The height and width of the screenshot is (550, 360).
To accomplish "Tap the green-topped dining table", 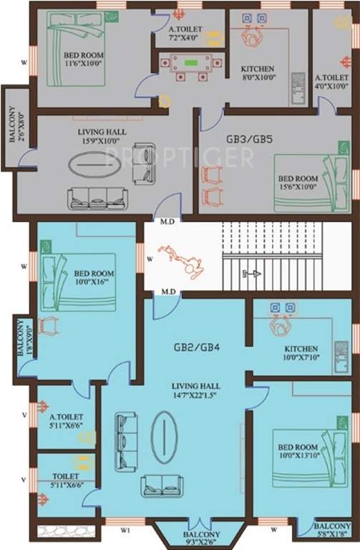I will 191,65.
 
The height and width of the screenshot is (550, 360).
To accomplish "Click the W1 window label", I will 125,531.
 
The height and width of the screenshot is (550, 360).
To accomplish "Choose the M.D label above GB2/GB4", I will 169,291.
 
